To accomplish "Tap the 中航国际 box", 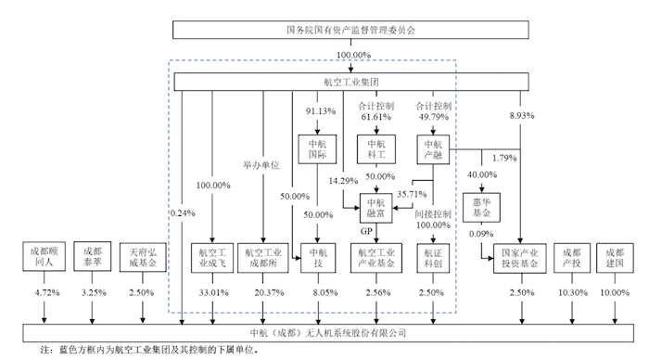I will coord(316,149).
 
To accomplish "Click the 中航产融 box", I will coord(433,149).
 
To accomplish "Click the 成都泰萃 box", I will coord(94,257).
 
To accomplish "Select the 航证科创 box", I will coord(433,257).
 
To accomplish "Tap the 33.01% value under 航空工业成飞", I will coord(213,293).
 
